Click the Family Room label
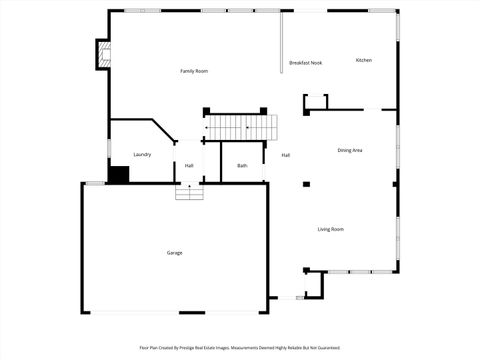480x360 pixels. tap(194, 71)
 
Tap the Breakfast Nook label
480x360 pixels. tap(305, 63)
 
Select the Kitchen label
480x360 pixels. tap(364, 60)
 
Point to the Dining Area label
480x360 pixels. tap(350, 150)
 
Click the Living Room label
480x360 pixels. tap(331, 229)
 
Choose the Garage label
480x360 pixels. tap(174, 253)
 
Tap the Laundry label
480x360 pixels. tap(142, 154)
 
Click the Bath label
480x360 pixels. tap(242, 165)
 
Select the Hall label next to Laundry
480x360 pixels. tap(189, 165)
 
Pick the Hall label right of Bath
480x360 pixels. tap(285, 155)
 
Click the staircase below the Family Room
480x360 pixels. tap(241, 128)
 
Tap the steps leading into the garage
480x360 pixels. tap(189, 192)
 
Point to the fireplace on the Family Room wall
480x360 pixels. tap(102, 55)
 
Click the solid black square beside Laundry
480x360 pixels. tap(119, 175)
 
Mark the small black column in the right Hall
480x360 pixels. tap(306, 184)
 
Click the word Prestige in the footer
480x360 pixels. tap(212, 348)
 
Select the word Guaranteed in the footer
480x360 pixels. tap(327, 348)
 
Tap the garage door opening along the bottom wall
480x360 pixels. tap(174, 312)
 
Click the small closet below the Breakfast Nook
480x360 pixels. tap(315, 102)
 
